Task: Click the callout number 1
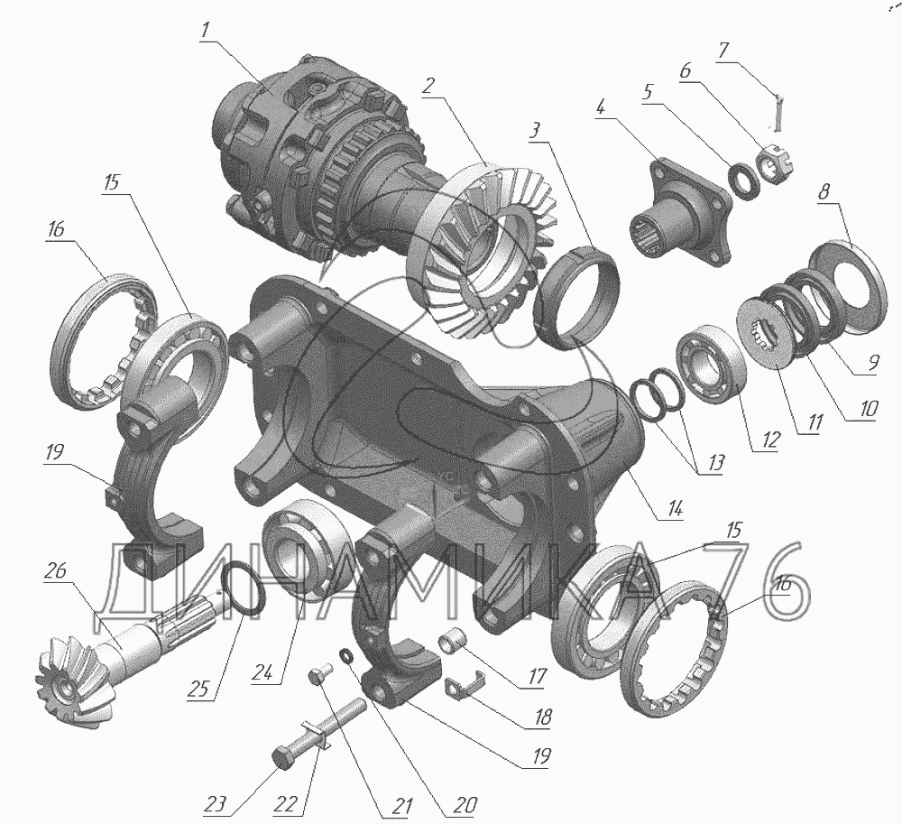[x=206, y=31]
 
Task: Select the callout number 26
[x=55, y=571]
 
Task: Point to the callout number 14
[x=676, y=509]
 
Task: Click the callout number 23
[x=216, y=804]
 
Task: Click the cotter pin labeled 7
[x=776, y=111]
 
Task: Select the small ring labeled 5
[x=744, y=181]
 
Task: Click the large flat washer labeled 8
[x=846, y=289]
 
